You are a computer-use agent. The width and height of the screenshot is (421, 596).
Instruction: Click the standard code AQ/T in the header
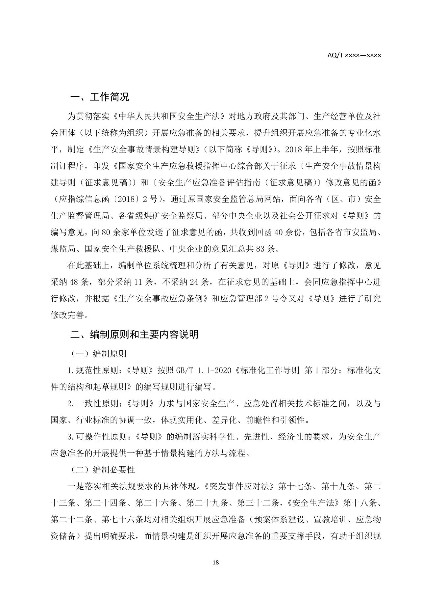pos(335,55)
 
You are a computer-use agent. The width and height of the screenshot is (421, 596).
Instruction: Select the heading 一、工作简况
pos(100,97)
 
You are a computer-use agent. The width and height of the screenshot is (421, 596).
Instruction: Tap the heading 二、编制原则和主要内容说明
pos(135,335)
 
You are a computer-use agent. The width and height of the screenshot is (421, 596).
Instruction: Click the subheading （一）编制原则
pos(98,354)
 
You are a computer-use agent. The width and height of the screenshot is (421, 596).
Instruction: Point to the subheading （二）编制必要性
pos(103,470)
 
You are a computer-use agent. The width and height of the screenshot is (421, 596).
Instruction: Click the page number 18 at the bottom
pos(216,562)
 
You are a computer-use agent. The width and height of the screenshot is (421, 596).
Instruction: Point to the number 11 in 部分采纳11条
pos(139,282)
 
